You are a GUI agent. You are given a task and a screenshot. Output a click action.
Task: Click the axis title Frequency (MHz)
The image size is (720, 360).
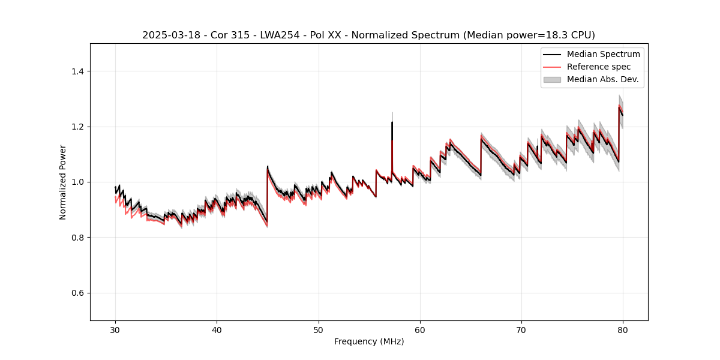(369, 341)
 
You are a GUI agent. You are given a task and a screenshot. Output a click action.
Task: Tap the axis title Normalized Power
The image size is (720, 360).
(63, 182)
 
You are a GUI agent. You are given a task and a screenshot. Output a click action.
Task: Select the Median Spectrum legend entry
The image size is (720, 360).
(603, 54)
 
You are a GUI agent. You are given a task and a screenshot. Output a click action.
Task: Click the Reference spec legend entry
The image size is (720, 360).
(599, 67)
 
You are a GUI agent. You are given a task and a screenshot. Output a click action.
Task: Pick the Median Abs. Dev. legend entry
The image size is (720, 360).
(602, 79)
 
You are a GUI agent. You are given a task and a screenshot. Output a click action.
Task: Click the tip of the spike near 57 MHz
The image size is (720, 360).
(392, 122)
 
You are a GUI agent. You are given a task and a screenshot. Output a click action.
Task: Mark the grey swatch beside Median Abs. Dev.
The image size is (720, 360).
(552, 79)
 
